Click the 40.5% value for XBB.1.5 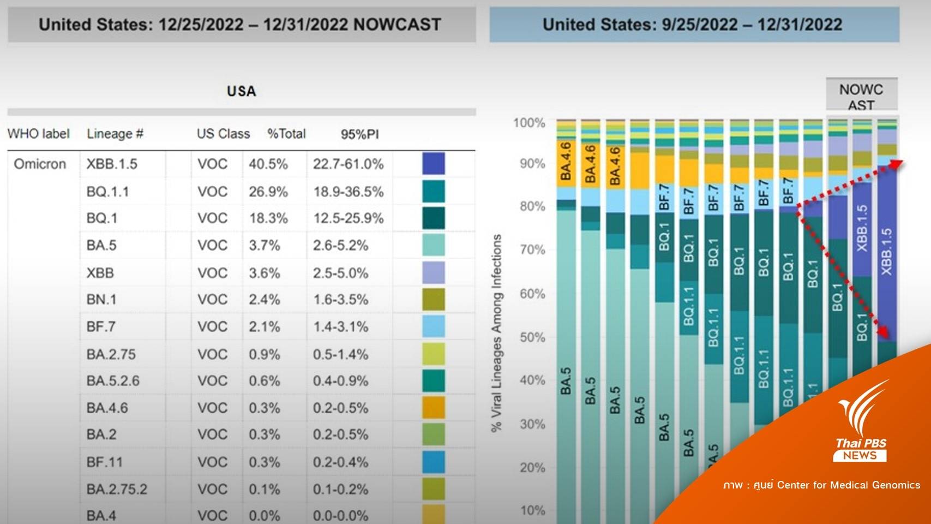click(x=268, y=164)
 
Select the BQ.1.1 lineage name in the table click(x=107, y=192)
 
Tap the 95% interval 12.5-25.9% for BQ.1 click(x=348, y=218)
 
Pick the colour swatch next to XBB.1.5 click(x=434, y=164)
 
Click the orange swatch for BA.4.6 click(x=434, y=408)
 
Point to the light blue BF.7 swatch click(x=434, y=326)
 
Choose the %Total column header click(x=286, y=134)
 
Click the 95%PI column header click(x=359, y=134)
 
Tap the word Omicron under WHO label click(x=40, y=164)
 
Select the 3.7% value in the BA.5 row click(x=264, y=246)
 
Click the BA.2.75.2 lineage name click(x=117, y=489)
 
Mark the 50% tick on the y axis click(x=532, y=337)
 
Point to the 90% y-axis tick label click(x=532, y=164)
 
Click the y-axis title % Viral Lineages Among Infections click(x=496, y=333)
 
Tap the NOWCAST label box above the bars click(x=861, y=97)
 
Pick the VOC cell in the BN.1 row click(x=212, y=300)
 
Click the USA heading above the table click(x=241, y=91)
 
